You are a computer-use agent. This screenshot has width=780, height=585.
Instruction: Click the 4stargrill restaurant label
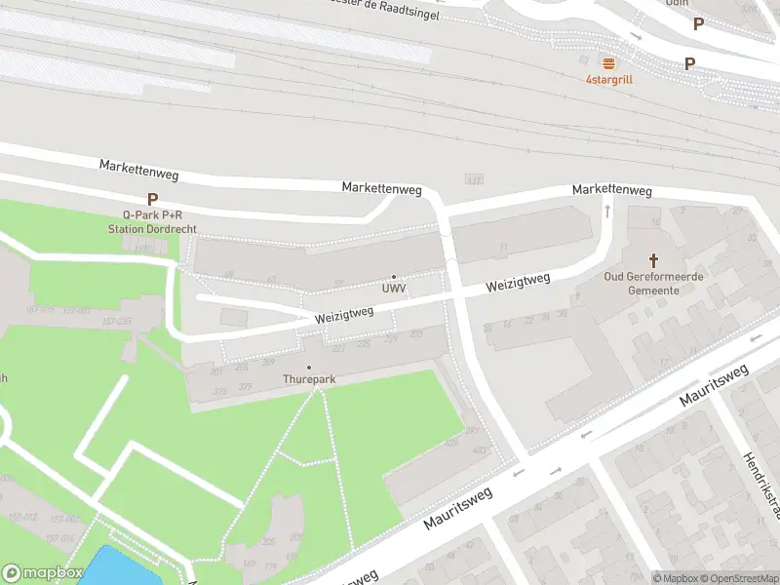coord(608,79)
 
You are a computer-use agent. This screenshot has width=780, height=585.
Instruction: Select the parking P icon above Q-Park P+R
coord(152,199)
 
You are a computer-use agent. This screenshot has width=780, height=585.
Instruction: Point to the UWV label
coord(394,290)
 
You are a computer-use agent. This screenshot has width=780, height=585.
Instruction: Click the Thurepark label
coord(308,379)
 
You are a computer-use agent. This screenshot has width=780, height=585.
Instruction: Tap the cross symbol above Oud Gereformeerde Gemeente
coord(654,260)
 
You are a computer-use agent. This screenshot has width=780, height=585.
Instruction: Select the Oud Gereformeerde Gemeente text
coord(653,283)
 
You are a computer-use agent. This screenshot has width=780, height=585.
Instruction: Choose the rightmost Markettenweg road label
coord(611,188)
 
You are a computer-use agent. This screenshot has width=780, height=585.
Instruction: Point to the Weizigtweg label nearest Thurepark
coord(344,315)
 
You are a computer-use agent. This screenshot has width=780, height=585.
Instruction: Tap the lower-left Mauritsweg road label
coord(458,508)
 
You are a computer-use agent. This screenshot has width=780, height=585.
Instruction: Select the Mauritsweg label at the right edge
coord(714,385)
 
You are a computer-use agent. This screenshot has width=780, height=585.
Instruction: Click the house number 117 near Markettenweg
coord(475,179)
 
